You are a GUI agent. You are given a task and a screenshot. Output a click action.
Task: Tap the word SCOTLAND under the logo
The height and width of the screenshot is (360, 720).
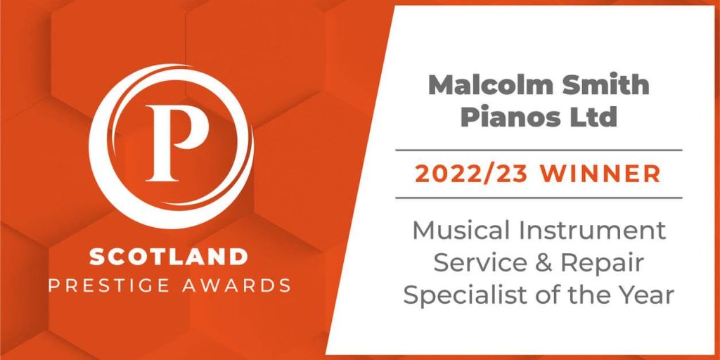[169, 257]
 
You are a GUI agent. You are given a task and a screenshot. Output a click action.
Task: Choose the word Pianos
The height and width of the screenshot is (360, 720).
[503, 117]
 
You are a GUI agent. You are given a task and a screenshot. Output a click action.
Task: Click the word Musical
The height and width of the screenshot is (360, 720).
[464, 230]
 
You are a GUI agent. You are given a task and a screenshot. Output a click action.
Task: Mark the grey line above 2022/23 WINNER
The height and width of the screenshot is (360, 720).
[539, 150]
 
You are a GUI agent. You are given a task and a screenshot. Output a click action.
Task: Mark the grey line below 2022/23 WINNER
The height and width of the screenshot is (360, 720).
[539, 198]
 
